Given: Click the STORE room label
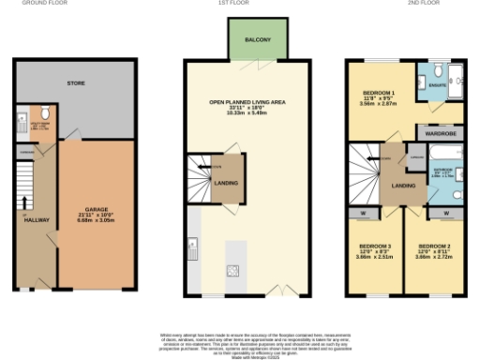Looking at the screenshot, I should pyautogui.click(x=76, y=83).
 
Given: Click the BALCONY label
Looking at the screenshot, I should pyautogui.click(x=258, y=40).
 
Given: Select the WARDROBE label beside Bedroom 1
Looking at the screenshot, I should pyautogui.click(x=439, y=133).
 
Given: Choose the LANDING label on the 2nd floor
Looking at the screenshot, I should pyautogui.click(x=403, y=186).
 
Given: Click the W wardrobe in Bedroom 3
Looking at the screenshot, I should pyautogui.click(x=362, y=212).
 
